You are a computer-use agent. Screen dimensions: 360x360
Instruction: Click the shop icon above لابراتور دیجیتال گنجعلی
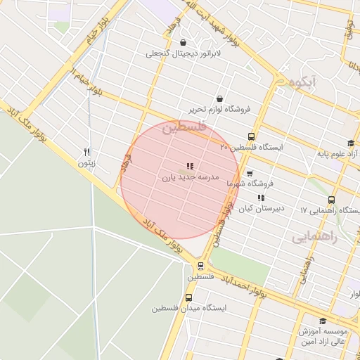pyautogui.click(x=184, y=42)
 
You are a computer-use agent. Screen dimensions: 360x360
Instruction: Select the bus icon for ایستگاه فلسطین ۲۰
pyautogui.click(x=251, y=137)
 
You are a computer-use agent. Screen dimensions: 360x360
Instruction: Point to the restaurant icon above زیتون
pyautogui.click(x=87, y=152)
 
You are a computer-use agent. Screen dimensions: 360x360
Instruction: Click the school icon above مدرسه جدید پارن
pyautogui.click(x=191, y=167)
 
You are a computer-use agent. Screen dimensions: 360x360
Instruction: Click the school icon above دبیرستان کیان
pyautogui.click(x=262, y=198)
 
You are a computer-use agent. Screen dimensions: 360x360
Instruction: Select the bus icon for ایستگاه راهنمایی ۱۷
pyautogui.click(x=331, y=200)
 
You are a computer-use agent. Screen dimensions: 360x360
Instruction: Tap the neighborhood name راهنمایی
pyautogui.click(x=315, y=238)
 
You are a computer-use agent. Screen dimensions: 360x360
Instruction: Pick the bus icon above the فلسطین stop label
pyautogui.click(x=201, y=266)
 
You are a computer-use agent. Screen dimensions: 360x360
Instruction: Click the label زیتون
pyautogui.click(x=86, y=163)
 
